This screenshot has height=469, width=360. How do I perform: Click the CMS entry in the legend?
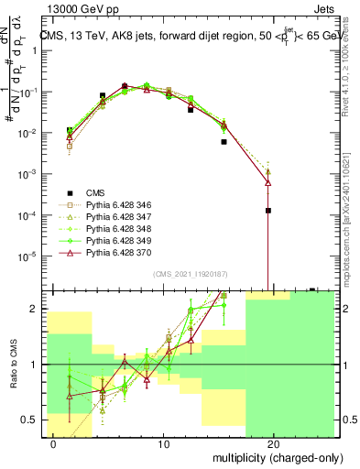(96, 192)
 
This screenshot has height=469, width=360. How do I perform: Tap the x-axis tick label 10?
(163, 442)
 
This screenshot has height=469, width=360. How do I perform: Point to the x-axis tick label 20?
(273, 442)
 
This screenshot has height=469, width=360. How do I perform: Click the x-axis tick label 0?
(54, 442)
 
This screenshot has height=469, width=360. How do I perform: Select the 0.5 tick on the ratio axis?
(34, 420)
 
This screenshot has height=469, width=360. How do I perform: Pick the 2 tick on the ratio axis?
(38, 310)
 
